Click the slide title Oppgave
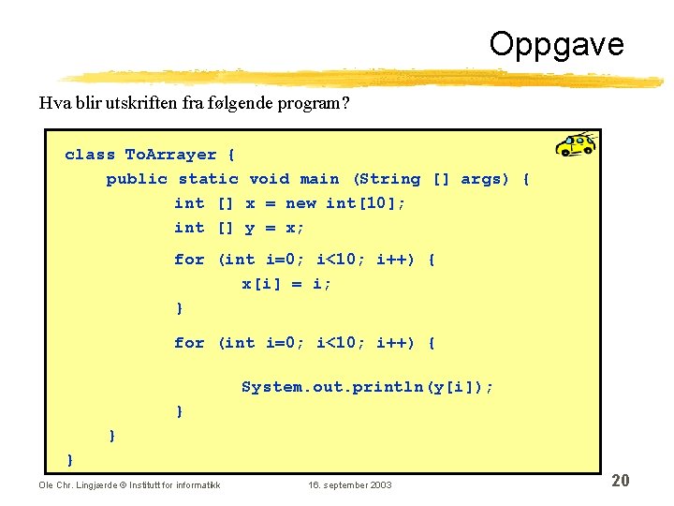coord(555,44)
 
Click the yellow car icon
coord(575,144)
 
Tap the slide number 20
coord(620,481)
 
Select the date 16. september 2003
coord(350,484)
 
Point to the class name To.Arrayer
coord(170,155)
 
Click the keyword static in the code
coord(208,179)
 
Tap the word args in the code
coord(485,179)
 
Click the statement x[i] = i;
coord(286,283)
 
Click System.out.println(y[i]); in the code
coord(367,387)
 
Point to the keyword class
coord(90,155)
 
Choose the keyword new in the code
coord(300,203)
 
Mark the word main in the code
coord(319,179)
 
